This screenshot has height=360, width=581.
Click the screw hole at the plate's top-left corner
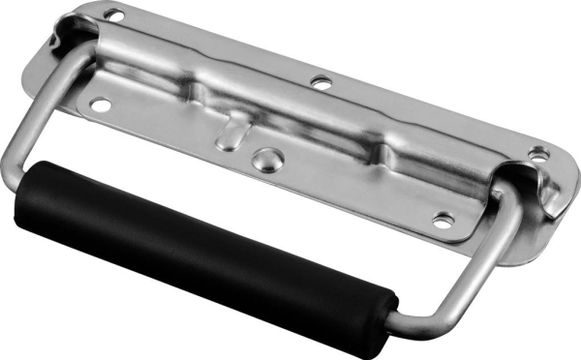click(114, 15)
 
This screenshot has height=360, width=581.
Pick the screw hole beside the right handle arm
click(442, 220)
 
